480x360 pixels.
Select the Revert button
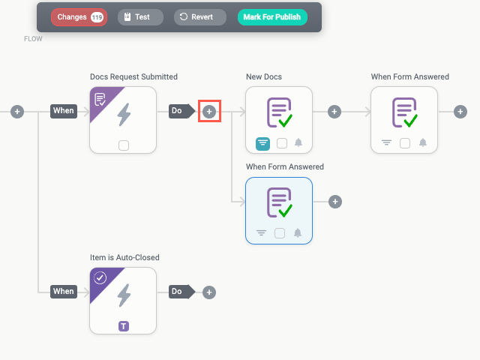199,17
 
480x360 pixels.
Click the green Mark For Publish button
272,17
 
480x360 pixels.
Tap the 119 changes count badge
97,17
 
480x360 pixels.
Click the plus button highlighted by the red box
209,111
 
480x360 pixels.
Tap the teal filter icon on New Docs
262,143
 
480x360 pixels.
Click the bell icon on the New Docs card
298,143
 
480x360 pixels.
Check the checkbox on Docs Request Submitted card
124,145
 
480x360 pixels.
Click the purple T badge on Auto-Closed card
124,325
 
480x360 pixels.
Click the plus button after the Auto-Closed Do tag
209,292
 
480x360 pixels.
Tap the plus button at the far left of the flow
17,111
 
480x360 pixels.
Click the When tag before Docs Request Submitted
64,111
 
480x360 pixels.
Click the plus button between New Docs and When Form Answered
334,111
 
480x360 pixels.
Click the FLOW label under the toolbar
33,39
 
